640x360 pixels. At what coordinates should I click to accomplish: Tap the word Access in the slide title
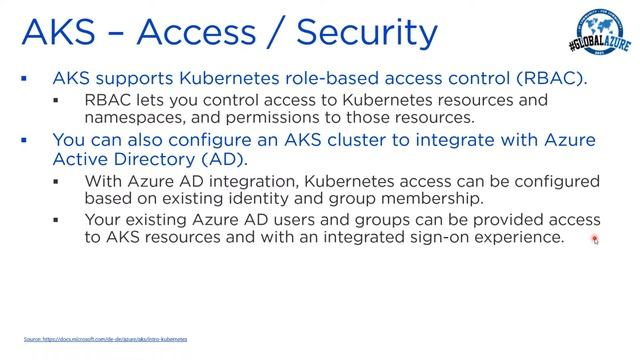(189, 32)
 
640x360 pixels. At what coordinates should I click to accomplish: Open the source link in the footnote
(106, 339)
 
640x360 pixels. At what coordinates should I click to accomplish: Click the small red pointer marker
(595, 239)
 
